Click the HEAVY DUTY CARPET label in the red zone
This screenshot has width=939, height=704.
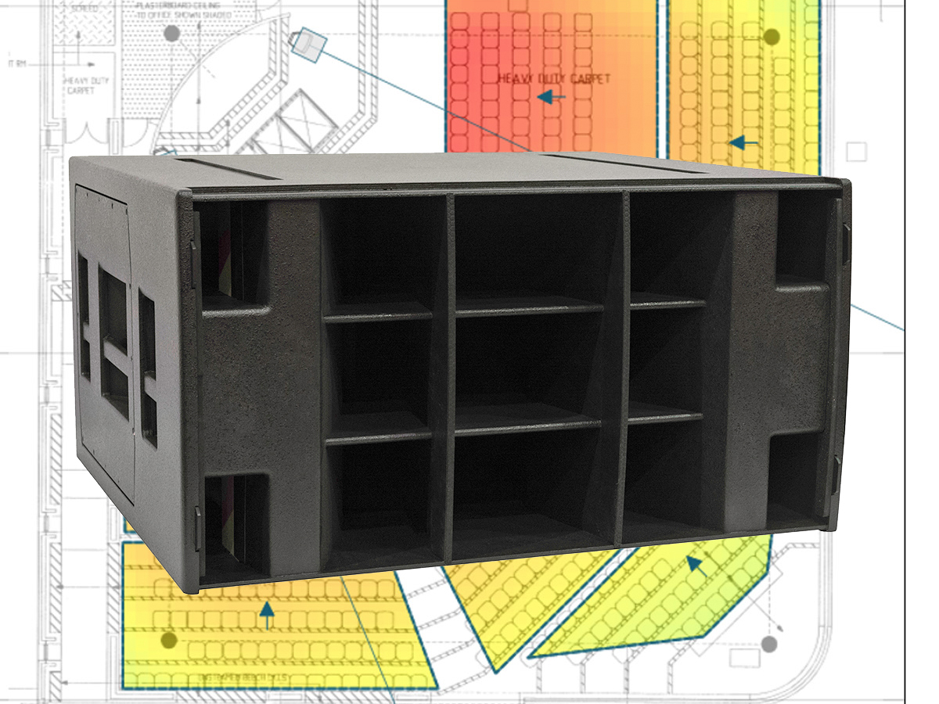tap(554, 79)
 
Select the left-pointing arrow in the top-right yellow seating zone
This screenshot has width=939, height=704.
tap(743, 143)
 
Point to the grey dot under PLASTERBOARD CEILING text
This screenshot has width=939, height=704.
tap(171, 34)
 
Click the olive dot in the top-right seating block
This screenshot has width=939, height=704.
tap(772, 37)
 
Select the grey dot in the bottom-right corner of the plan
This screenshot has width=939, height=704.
tap(769, 644)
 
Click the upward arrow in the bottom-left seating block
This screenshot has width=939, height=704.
tap(268, 615)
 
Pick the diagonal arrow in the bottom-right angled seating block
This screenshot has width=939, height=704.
tap(696, 565)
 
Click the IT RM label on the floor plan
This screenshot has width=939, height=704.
tap(16, 64)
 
